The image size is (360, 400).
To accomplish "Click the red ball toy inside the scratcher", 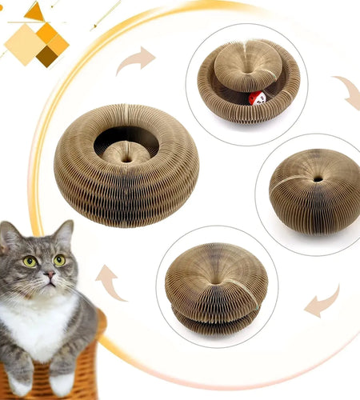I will tap(257, 98).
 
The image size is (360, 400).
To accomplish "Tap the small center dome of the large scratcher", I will tap(126, 152).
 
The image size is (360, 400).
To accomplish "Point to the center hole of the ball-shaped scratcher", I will tap(318, 178).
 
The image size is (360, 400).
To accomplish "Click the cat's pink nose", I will tap(49, 275).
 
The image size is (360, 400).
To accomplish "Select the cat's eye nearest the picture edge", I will tap(30, 261).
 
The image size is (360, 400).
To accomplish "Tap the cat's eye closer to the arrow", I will tap(59, 259).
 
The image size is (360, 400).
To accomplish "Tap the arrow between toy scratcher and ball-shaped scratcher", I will tap(346, 92).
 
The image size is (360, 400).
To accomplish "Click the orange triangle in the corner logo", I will tap(35, 11).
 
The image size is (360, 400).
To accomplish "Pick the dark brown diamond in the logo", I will tap(48, 55).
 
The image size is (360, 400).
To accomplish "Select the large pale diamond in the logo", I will tap(25, 44).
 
